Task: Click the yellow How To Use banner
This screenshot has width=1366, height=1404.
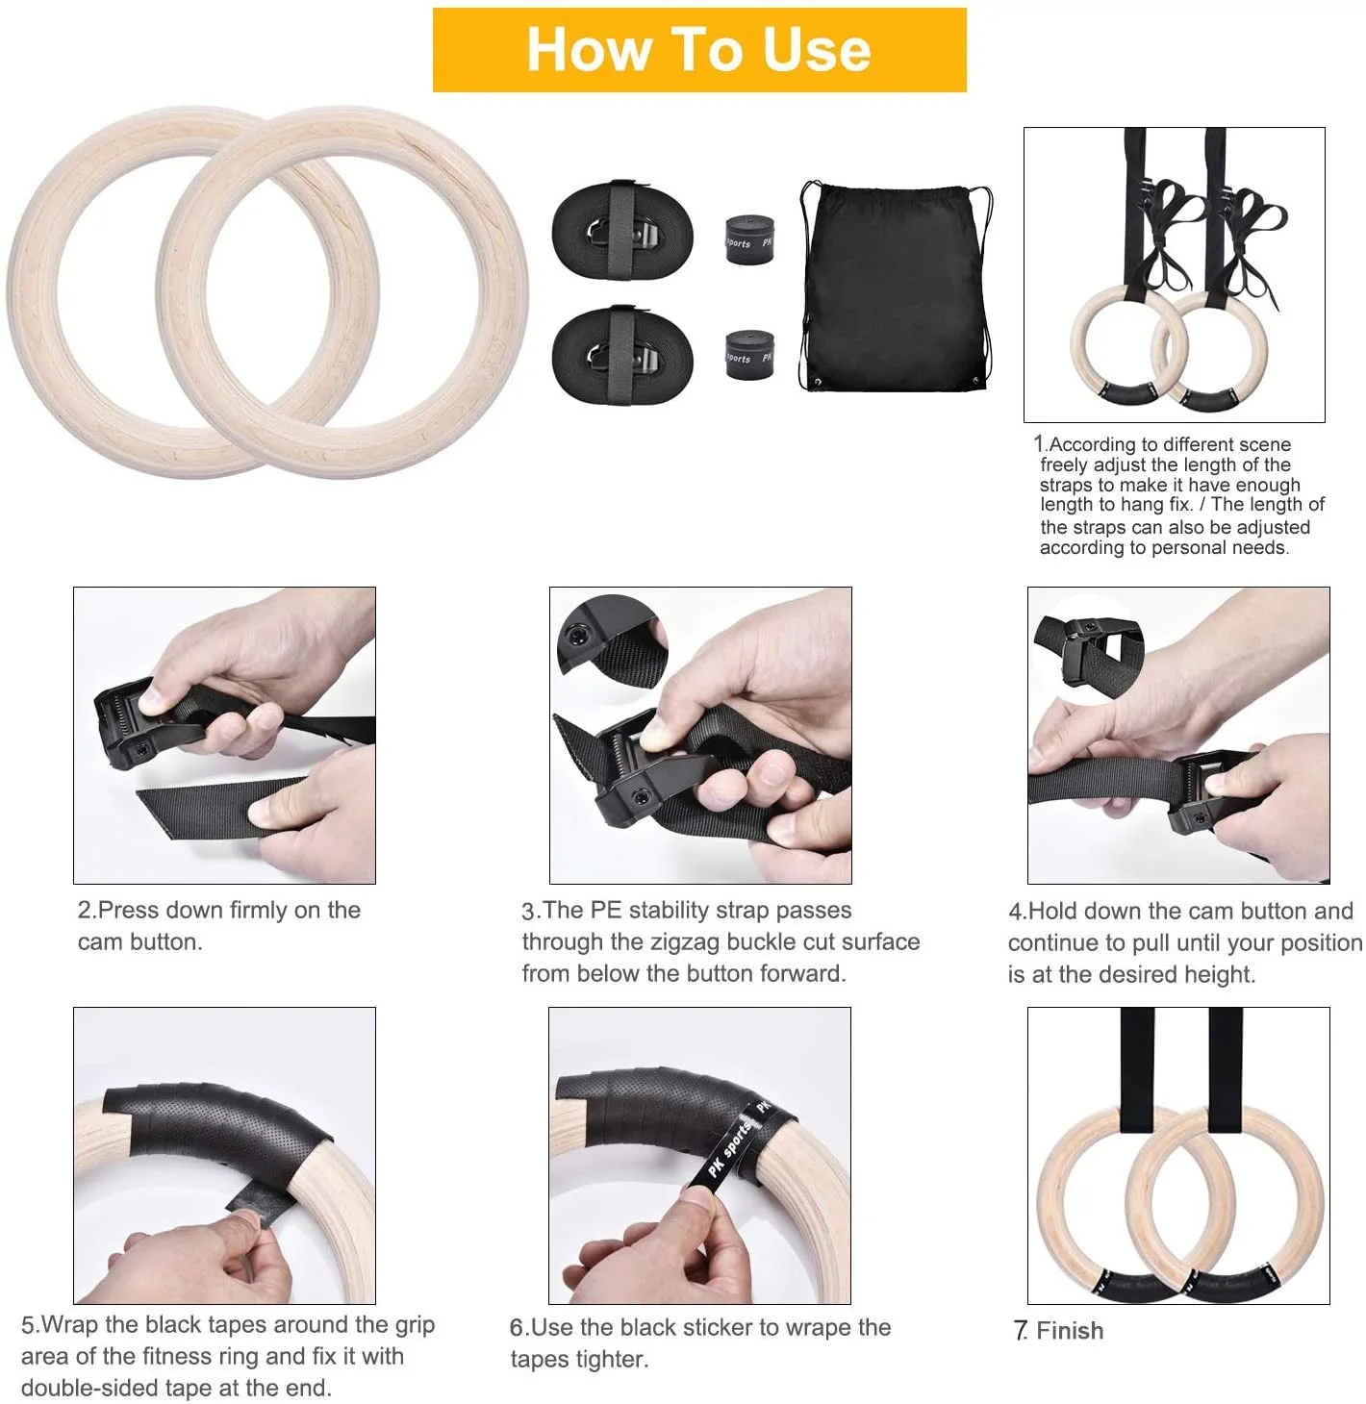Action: point(699,50)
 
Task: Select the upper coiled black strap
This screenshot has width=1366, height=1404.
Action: point(621,231)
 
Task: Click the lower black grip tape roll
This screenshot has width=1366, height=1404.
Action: point(749,355)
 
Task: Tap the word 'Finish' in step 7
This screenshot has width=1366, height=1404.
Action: point(1070,1331)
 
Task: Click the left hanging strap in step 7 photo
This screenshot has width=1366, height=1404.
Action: point(1136,1058)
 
